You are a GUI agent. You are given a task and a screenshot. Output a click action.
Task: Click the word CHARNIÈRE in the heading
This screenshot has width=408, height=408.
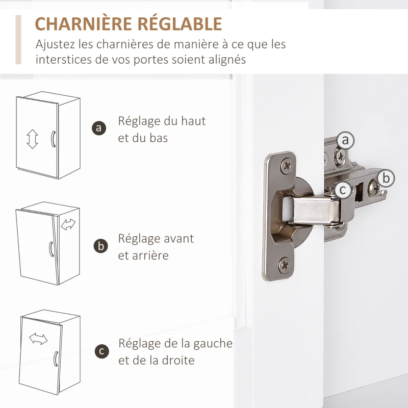pos(83,23)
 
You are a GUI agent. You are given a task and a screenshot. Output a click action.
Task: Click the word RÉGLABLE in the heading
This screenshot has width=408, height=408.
pos(180,23)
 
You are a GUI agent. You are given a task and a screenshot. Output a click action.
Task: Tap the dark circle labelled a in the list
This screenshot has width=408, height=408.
pos(99,128)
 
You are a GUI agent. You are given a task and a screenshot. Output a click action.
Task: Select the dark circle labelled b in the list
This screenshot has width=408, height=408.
pos(100,246)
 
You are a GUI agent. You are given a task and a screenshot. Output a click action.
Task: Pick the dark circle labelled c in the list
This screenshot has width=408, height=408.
pos(101,351)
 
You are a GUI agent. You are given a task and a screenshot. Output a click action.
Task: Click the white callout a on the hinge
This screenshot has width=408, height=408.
pos(346,140)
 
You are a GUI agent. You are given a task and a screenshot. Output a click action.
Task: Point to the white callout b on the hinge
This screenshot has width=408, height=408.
pos(386,178)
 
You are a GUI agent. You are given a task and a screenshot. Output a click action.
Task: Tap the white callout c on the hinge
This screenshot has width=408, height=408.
pos(343,190)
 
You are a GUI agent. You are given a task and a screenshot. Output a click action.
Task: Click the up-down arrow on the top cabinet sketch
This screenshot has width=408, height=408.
pos(32,139)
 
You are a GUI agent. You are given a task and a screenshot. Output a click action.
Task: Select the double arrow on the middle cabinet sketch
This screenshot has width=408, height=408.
pos(68,224)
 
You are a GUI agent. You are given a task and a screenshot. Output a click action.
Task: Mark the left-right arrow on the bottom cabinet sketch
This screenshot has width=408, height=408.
pos(38,339)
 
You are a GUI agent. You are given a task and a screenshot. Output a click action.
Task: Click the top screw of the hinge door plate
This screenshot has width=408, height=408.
pos(287,165)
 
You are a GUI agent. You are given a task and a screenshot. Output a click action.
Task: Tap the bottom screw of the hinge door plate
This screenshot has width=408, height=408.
pos(285,265)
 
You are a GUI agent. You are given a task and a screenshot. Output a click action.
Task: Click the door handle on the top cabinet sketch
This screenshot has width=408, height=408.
pos(53,139)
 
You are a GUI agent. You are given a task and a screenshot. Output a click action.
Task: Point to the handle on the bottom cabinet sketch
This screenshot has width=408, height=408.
pos(56,359)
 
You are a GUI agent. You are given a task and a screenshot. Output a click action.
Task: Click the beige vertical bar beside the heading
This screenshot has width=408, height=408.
pos(18,40)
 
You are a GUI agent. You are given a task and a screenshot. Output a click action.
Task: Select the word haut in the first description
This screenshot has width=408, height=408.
pos(193,121)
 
